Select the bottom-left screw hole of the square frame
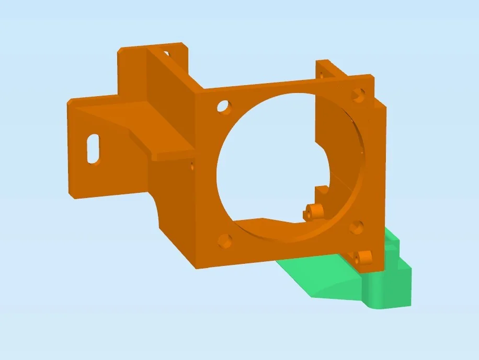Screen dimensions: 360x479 (224, 241)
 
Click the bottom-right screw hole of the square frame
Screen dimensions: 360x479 (357, 227)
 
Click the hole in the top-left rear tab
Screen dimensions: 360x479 (166, 53)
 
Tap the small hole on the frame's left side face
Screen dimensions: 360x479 (192, 167)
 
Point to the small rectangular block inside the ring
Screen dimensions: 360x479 (322, 191)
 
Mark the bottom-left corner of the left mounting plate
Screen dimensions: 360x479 (71, 197)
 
